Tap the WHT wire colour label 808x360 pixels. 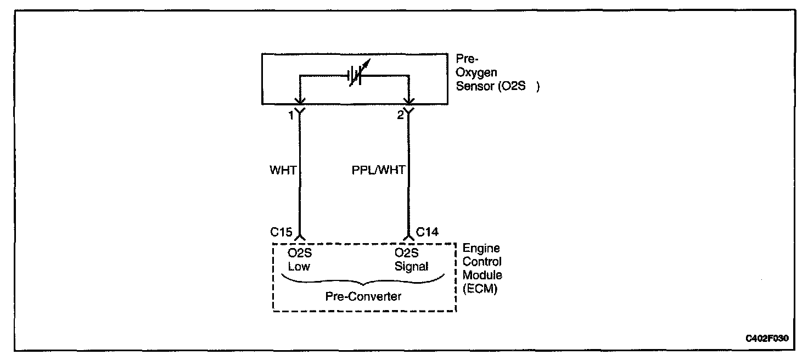pyautogui.click(x=283, y=171)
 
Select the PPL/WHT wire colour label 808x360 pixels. pyautogui.click(x=378, y=171)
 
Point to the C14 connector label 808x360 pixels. pyautogui.click(x=427, y=232)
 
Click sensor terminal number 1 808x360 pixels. pyautogui.click(x=290, y=115)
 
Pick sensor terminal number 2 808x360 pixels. pyautogui.click(x=401, y=115)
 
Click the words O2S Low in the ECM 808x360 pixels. pyautogui.click(x=299, y=260)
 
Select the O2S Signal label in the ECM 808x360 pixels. pyautogui.click(x=411, y=260)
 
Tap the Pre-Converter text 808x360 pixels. pyautogui.click(x=363, y=297)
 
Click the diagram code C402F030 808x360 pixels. pyautogui.click(x=767, y=339)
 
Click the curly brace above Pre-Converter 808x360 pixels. pyautogui.click(x=363, y=282)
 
